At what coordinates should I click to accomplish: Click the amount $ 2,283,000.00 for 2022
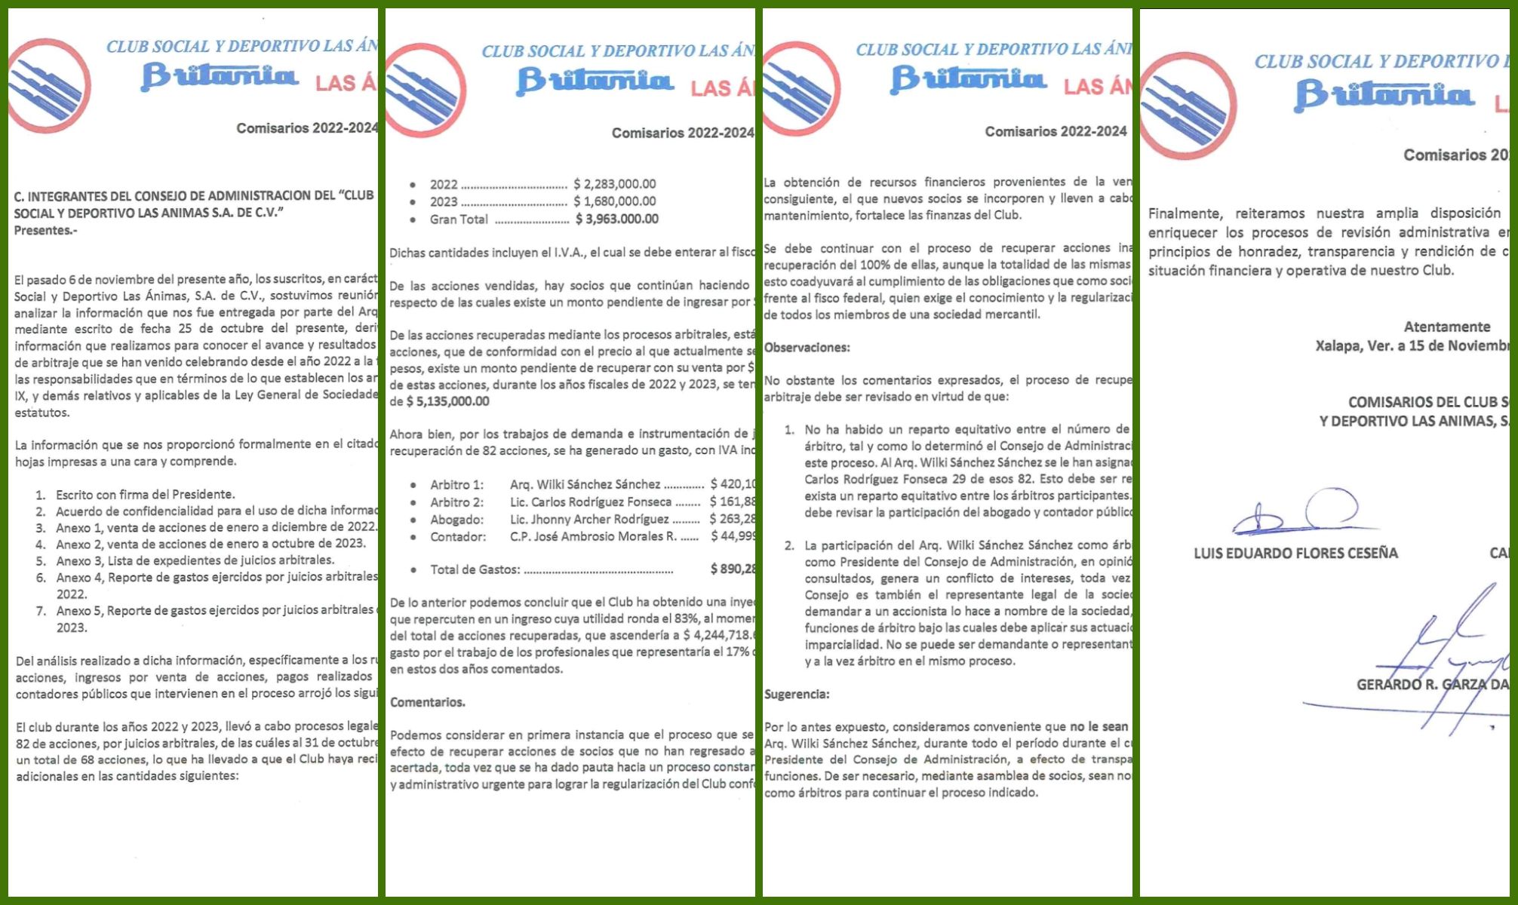[614, 184]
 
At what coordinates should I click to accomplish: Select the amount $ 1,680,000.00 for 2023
[614, 201]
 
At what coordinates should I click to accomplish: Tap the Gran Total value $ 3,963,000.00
[616, 219]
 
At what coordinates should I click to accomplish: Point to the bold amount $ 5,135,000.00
[447, 401]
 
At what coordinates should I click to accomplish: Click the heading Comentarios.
[427, 702]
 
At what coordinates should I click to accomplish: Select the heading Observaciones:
[807, 348]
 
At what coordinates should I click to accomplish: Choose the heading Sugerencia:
[797, 694]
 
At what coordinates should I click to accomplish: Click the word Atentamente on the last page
[1446, 327]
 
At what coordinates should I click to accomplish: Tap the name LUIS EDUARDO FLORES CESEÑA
[1295, 554]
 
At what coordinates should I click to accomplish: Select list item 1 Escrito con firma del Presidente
[145, 495]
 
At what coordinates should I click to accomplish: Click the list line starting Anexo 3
[195, 560]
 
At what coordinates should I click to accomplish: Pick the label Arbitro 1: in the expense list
[456, 484]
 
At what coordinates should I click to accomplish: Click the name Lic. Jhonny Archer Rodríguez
[589, 520]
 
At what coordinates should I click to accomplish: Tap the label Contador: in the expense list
[458, 537]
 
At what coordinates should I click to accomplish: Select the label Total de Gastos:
[475, 569]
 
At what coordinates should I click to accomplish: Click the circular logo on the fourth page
[1188, 106]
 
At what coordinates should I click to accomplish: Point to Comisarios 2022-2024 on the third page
[1056, 131]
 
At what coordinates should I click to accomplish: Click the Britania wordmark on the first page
[219, 76]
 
